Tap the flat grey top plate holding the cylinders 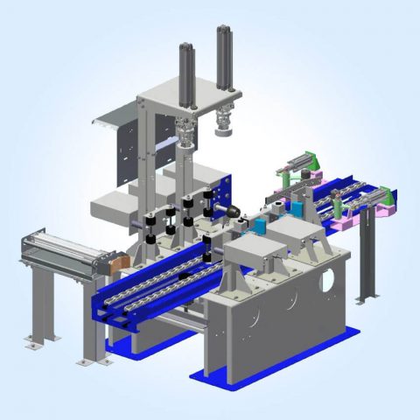tap(175, 91)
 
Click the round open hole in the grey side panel tap(327, 282)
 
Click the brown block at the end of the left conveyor tap(115, 261)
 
